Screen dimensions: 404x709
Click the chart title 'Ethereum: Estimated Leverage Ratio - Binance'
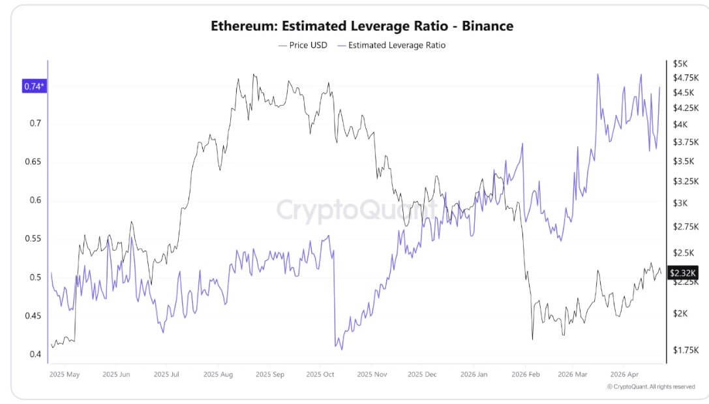(361, 26)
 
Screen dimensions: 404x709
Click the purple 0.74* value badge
(35, 86)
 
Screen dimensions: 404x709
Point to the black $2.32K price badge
(683, 273)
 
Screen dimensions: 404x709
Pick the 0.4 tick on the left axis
(35, 354)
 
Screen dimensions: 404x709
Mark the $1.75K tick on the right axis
(685, 350)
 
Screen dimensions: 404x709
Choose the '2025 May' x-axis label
(65, 375)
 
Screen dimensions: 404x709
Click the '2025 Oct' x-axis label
(320, 375)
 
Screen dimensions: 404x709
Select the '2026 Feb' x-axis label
(526, 375)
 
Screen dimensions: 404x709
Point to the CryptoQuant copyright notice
(650, 386)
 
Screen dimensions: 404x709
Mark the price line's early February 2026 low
(533, 339)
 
